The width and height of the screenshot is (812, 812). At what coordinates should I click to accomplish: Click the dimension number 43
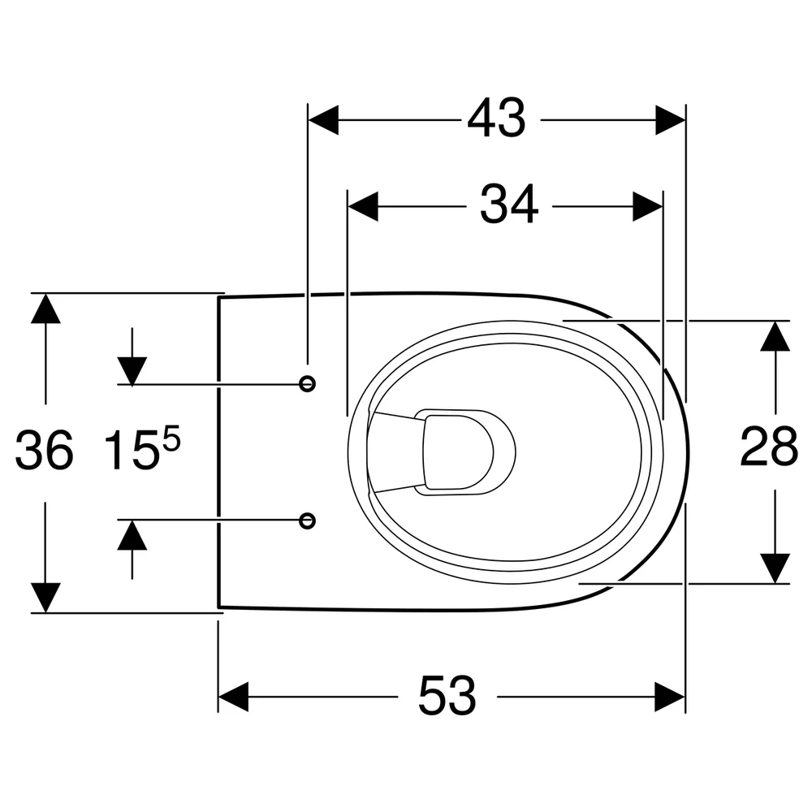[496, 119]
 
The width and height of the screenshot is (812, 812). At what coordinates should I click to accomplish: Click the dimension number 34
[509, 205]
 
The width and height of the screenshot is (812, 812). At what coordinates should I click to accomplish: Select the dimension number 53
[447, 696]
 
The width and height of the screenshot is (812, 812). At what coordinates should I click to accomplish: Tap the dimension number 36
[44, 450]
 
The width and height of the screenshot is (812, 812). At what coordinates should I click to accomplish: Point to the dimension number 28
[768, 446]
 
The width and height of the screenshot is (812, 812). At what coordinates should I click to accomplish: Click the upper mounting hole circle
[308, 384]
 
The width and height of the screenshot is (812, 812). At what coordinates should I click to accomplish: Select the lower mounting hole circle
[308, 520]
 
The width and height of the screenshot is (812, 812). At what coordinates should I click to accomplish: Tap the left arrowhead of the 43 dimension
[324, 120]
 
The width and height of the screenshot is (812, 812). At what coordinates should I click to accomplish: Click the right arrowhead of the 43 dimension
[671, 120]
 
